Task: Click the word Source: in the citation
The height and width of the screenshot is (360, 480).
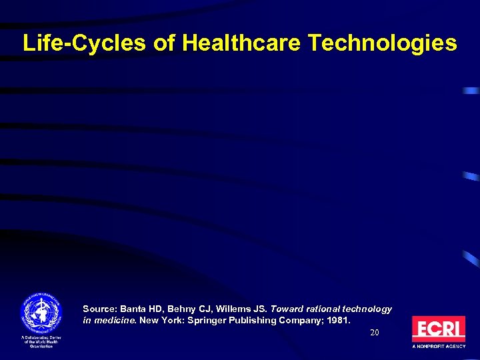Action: (99, 309)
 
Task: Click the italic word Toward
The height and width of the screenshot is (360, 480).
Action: (284, 309)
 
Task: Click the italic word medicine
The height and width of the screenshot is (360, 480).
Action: (115, 321)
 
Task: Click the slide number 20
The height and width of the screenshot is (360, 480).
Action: (375, 332)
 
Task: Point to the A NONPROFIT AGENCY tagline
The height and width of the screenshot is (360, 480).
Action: (438, 347)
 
